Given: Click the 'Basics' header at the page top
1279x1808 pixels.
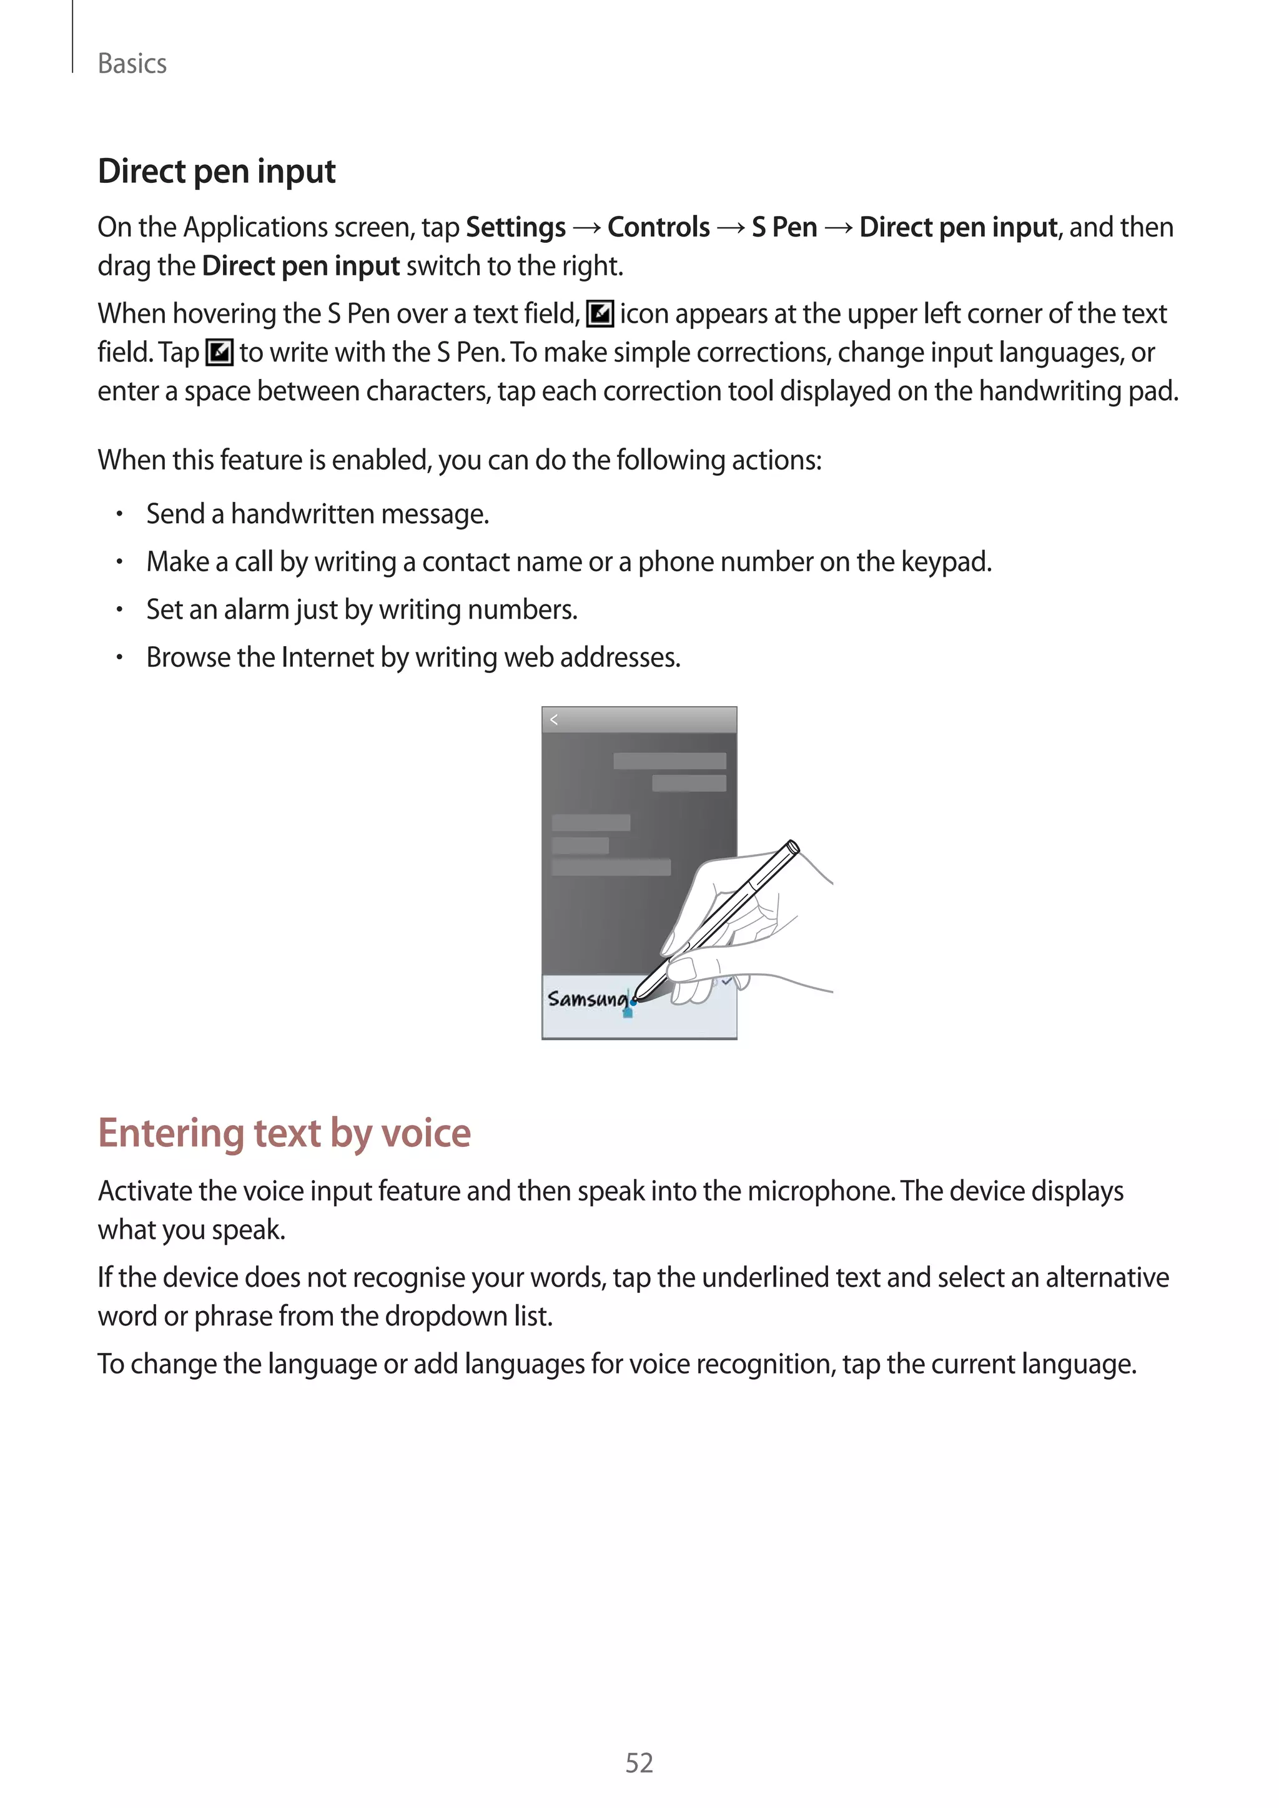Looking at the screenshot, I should pos(132,64).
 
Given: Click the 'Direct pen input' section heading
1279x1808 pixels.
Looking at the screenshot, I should pos(217,172).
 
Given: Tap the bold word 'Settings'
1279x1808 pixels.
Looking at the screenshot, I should pos(516,228).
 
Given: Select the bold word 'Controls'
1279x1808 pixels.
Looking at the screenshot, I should pos(658,228).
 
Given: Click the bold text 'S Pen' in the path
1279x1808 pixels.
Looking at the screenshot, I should pos(784,228).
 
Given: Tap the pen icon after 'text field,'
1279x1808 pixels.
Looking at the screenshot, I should pos(600,314).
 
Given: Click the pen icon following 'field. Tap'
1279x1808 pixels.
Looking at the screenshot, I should pos(219,353).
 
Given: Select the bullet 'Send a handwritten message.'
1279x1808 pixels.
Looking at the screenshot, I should pos(317,514).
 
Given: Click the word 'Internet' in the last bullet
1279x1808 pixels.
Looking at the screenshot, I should pos(328,657).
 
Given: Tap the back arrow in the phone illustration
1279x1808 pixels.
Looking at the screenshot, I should pos(555,720).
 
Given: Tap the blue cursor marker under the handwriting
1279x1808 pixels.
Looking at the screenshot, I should pos(628,1012).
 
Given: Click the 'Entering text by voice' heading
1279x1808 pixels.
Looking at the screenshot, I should pos(284,1133).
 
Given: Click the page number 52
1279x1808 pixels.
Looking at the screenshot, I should pos(639,1763).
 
